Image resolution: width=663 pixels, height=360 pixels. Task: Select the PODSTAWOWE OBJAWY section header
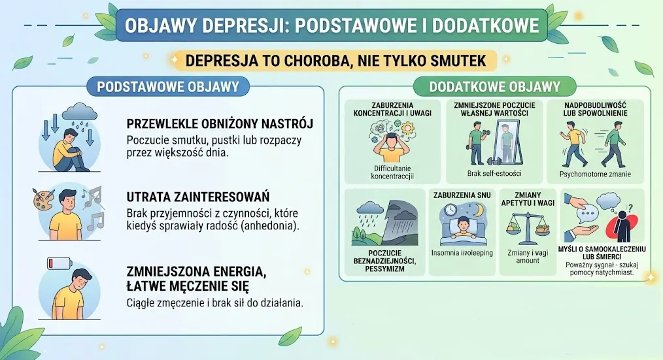point(168,87)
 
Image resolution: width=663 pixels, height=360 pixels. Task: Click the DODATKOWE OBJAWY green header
point(494,87)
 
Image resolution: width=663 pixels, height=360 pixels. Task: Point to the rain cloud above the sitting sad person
point(80,112)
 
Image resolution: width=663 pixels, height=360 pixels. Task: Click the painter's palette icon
point(43,199)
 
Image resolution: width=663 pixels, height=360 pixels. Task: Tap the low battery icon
point(59,263)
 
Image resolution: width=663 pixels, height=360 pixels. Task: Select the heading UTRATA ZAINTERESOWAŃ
point(198,197)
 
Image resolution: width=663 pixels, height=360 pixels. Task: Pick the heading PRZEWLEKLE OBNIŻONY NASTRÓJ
point(220,123)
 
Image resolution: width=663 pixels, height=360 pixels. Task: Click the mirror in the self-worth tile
point(509,143)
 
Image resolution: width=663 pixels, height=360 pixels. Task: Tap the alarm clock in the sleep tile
point(450,210)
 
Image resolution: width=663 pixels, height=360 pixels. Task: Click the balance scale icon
point(527,228)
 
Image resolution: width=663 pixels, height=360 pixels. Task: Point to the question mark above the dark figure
point(630,208)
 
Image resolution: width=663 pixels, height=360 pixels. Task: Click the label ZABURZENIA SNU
point(462,195)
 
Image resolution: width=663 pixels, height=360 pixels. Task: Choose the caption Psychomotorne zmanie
point(595,174)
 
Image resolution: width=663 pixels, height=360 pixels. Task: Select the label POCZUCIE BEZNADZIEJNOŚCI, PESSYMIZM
point(384,261)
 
